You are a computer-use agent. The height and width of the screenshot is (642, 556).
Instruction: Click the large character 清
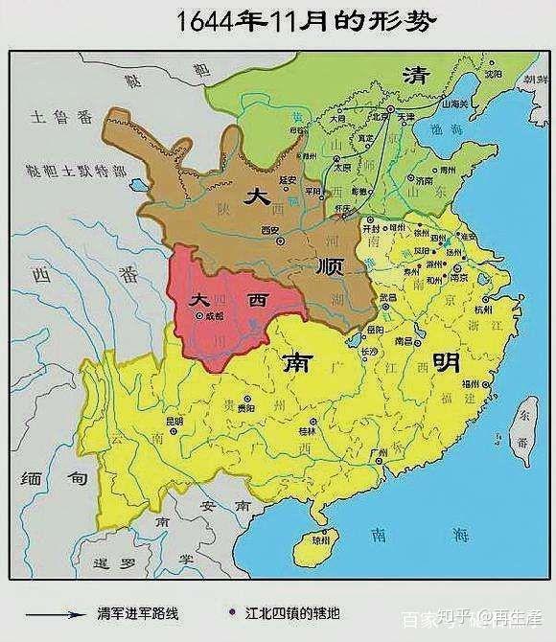tap(415, 76)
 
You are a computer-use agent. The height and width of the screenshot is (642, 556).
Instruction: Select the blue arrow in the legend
tap(58, 615)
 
